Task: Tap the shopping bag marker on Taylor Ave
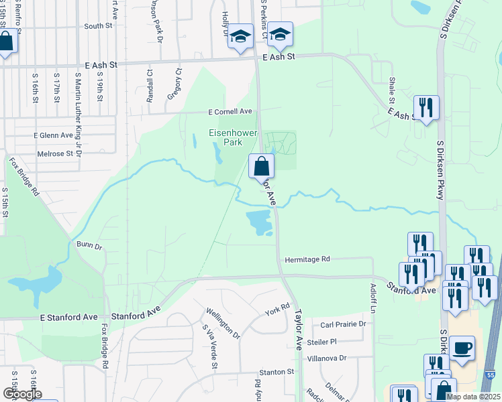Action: [x=260, y=166]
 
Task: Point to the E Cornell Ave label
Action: [x=230, y=111]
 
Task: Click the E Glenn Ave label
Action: [x=53, y=135]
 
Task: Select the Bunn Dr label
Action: [x=89, y=246]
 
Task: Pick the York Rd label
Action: [x=277, y=310]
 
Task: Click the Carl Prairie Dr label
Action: [x=342, y=324]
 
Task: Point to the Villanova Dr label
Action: [x=326, y=358]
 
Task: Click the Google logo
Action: [x=22, y=394]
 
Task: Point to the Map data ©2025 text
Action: [x=472, y=397]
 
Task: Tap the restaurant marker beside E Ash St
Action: [x=426, y=109]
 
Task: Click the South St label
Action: [x=98, y=26]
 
